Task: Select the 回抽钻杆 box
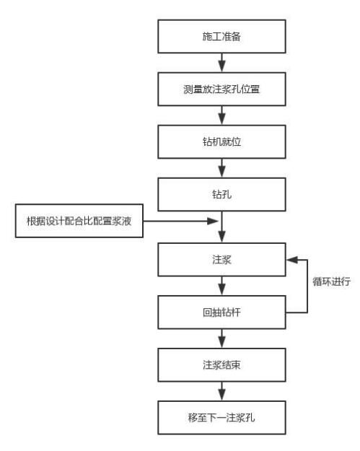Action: tap(222, 312)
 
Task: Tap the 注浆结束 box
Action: tap(222, 364)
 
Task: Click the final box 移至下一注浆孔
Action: tap(222, 418)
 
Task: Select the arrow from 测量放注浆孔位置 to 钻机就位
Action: tap(222, 118)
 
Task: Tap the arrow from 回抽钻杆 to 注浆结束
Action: tap(222, 338)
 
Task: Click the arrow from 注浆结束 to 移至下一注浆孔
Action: tap(222, 391)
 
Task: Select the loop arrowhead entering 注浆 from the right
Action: tap(291, 258)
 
